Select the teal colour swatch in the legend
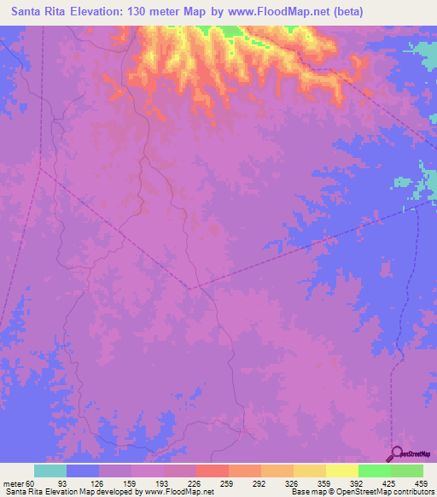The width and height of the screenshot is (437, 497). coord(50,471)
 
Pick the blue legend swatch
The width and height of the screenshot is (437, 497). coord(83,471)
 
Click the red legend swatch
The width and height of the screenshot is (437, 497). coord(213,471)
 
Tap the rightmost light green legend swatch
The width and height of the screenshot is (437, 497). coord(407,471)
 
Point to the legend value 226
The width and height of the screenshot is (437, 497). coord(196,483)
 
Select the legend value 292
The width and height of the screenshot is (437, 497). coord(261,483)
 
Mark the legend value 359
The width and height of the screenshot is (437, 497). coord(326,483)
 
